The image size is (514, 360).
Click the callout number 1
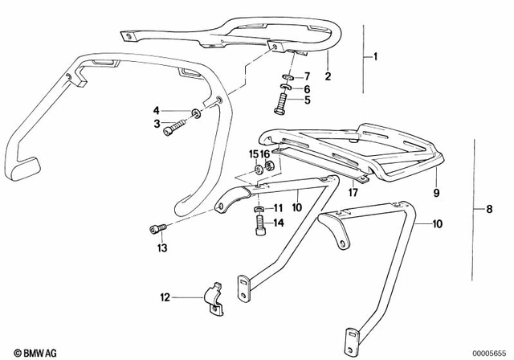coord(373,58)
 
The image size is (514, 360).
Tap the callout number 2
coord(328,77)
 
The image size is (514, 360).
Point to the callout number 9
coord(436,193)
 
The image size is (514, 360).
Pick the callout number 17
coord(353,193)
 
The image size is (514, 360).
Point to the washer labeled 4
coord(197,111)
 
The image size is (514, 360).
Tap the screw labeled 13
coord(156,231)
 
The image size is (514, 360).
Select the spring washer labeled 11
coord(259,209)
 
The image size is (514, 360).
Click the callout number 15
coord(252,153)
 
